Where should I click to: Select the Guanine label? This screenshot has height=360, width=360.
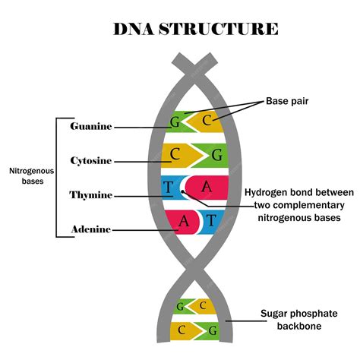(90, 126)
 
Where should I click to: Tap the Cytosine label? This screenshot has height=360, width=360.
(90, 161)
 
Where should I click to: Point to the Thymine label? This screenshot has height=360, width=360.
(91, 195)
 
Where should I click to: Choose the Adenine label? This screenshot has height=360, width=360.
(90, 229)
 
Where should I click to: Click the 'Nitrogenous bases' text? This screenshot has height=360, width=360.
(27, 176)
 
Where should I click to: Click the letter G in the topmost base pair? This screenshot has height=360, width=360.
(175, 120)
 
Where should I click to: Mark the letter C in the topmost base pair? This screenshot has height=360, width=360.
(206, 119)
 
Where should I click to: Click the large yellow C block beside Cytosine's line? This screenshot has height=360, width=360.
(176, 155)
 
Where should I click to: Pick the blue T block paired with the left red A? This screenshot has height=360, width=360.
(212, 221)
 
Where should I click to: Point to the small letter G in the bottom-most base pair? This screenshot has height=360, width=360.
(212, 330)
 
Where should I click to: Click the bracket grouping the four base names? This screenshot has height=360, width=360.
(56, 176)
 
